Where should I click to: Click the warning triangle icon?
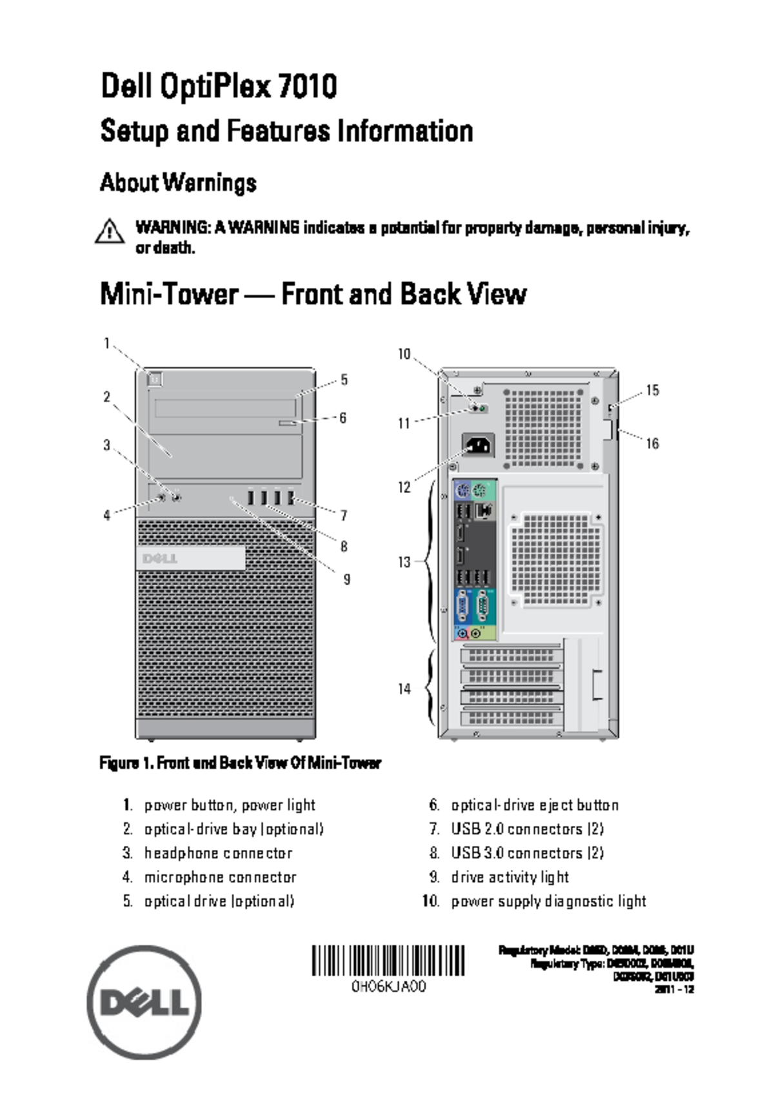point(110,231)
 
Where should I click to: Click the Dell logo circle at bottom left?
point(144,1003)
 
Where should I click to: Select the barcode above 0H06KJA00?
point(388,960)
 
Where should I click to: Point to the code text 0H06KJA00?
point(388,987)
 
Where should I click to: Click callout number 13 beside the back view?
point(404,562)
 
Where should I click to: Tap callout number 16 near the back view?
point(652,443)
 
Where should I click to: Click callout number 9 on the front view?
point(346,579)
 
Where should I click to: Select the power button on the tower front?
point(155,379)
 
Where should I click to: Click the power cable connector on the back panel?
point(478,445)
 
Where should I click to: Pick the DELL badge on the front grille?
point(190,558)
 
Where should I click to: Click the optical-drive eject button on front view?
point(288,422)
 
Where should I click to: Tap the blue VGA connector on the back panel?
point(462,607)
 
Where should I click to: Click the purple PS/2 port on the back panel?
point(462,492)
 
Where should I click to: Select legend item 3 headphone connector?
point(217,853)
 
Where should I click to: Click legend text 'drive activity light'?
point(510,877)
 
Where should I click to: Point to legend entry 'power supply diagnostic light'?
point(548,901)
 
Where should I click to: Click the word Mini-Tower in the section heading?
point(169,294)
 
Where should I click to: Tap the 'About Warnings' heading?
point(178,183)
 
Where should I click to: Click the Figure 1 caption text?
point(240,763)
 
